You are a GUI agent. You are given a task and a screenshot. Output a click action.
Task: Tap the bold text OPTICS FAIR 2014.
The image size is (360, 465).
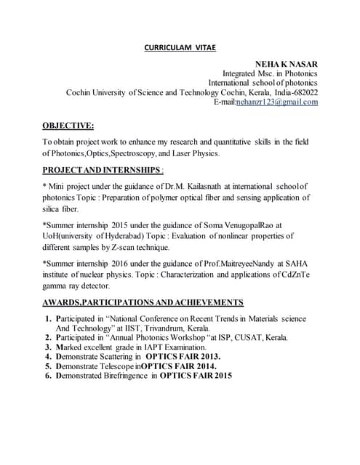(x=180, y=366)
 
